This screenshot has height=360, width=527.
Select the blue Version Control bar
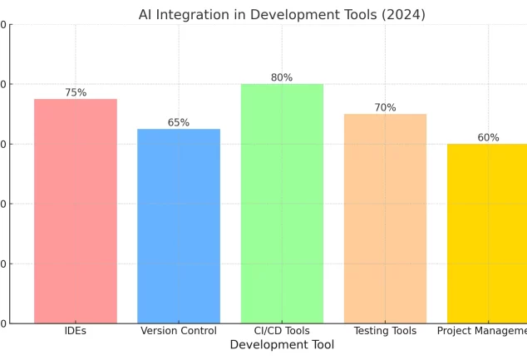[179, 225]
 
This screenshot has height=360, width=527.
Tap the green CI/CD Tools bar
[282, 203]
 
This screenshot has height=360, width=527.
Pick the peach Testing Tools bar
[385, 218]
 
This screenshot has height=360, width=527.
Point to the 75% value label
[76, 93]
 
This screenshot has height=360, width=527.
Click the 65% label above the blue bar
[179, 123]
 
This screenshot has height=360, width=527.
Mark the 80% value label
[282, 78]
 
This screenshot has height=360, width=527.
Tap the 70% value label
[385, 108]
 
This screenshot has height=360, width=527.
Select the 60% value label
[488, 138]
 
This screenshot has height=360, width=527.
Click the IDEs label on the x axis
[76, 331]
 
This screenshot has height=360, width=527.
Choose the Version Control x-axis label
[179, 331]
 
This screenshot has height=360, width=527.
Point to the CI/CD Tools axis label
[282, 331]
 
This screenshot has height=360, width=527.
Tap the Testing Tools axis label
[385, 331]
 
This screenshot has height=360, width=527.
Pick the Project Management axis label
[482, 331]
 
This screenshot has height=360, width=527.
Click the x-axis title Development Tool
[282, 345]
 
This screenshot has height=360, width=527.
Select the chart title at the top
[282, 15]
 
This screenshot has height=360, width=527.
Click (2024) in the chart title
[405, 15]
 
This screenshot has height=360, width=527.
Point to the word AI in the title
[145, 15]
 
